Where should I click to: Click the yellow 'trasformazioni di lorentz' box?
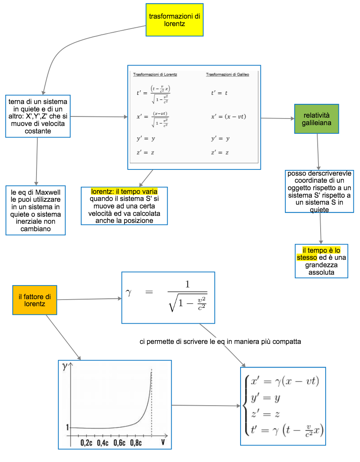[174, 20]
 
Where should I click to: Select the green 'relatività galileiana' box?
[316, 119]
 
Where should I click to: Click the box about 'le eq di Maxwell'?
[36, 210]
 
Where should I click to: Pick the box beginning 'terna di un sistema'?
[38, 116]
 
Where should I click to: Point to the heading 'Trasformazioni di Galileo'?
[227, 75]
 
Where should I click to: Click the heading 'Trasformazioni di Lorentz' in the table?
[155, 75]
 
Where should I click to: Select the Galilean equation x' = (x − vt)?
[229, 117]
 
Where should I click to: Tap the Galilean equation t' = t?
[219, 93]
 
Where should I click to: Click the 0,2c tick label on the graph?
[87, 443]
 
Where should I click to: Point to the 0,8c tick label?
[136, 443]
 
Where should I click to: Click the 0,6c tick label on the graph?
[119, 443]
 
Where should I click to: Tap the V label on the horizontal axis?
[163, 443]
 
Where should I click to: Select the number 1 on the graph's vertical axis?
[68, 427]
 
